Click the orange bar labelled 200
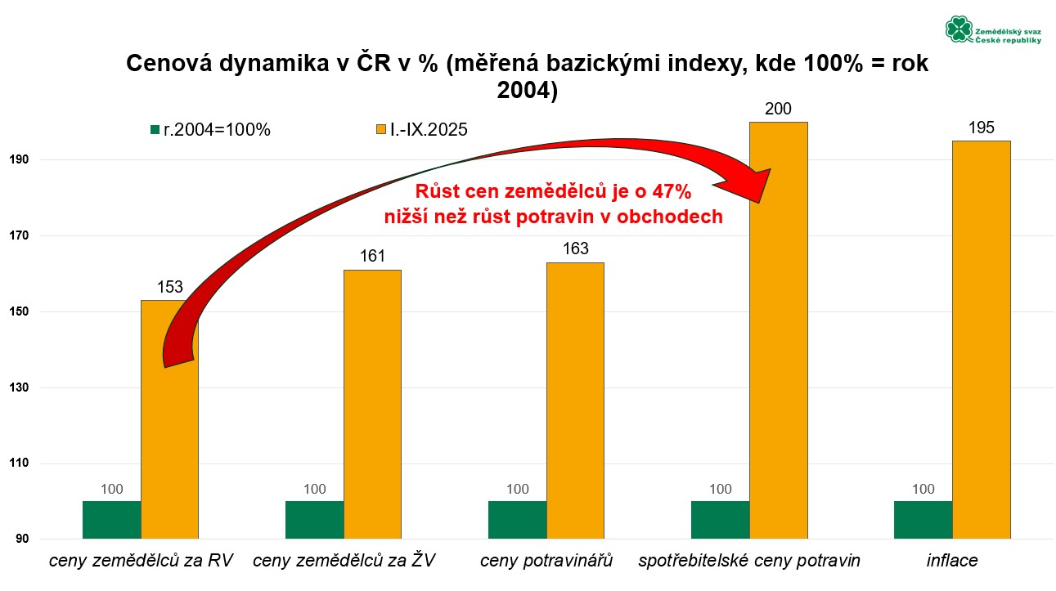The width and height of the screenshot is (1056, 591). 778,330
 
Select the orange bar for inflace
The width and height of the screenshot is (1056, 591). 981,339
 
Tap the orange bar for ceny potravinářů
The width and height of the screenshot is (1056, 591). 575,401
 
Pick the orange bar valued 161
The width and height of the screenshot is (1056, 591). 372,404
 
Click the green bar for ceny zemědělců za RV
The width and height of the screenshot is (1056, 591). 112,520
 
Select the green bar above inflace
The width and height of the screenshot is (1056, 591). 923,520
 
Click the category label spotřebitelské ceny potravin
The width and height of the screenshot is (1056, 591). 749,561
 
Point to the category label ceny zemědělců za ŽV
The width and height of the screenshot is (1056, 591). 344,561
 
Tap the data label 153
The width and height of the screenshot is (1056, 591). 169,287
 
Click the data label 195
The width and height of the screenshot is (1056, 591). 981,128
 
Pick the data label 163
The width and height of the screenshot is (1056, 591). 575,248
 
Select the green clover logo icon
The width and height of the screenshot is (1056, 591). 958,29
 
